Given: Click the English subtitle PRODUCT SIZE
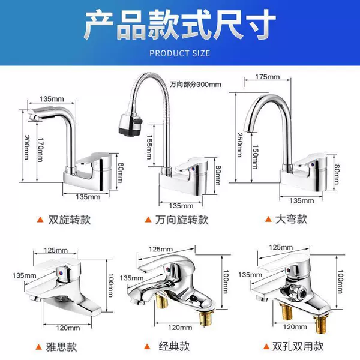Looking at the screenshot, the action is coord(180,53).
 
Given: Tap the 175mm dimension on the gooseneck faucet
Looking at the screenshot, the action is coord(268,77).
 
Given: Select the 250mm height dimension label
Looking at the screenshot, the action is coord(239,145).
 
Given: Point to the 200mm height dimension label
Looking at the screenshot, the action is coord(27,147).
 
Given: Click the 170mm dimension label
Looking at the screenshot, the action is coord(41,150).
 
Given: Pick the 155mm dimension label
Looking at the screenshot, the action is coord(149,147).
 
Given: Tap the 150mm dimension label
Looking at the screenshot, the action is coord(255,157).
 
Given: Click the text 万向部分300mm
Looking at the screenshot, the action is coord(196,85).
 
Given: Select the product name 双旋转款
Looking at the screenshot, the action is coord(70,220).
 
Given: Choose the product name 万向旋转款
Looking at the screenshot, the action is coord(182,220).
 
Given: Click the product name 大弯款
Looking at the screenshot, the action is coord(291,219).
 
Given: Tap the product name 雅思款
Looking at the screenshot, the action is coord(61,347).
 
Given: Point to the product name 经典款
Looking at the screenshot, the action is coord(174,346).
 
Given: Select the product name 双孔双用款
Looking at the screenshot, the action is coord(298,346).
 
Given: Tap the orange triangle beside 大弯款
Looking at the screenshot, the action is coord(268,219).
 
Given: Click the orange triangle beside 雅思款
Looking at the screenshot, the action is coord(39,347).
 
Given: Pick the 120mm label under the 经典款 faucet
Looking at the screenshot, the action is coord(180,327).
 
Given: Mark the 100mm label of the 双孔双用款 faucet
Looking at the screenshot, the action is coord(340,282).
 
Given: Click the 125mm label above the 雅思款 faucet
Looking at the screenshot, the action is coord(56,250).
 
